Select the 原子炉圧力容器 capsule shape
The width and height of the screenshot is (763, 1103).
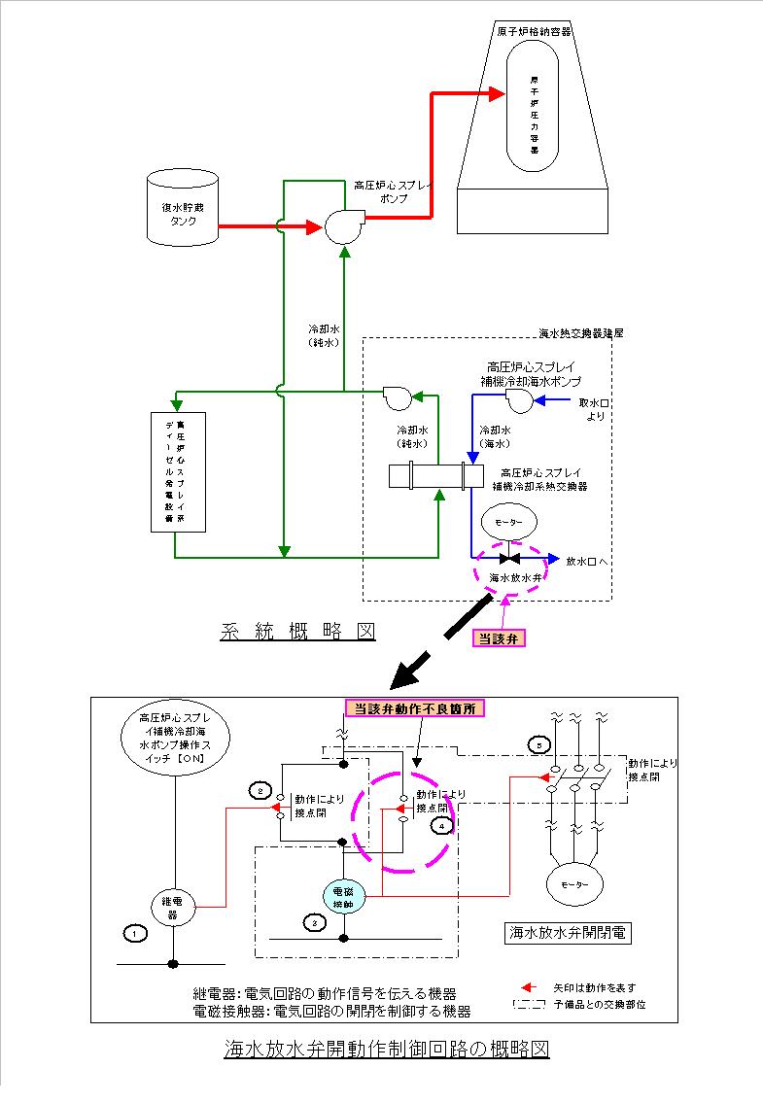coord(534,111)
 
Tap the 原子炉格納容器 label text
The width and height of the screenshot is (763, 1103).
coord(534,31)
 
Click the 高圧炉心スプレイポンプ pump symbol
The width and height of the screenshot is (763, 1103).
coord(340,226)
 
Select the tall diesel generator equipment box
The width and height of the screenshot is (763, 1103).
coord(180,471)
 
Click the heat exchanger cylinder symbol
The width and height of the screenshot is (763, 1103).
coord(435,476)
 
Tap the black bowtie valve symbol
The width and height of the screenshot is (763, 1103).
coord(509,559)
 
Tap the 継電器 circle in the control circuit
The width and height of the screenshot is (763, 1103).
coord(173,908)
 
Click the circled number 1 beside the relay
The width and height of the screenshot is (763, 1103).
coord(135,932)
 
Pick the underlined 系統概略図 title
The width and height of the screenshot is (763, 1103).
coord(297,631)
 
